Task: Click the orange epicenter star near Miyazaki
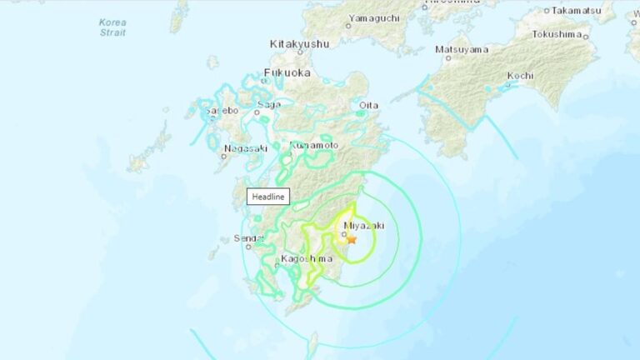pos(352,240)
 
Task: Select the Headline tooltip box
pos(268,197)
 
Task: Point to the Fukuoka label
pos(287,73)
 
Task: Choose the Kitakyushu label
pos(299,43)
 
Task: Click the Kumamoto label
pos(314,145)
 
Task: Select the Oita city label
pos(367,105)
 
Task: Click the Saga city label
pos(269,104)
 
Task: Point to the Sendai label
pos(248,239)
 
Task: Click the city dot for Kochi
pos(509,85)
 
